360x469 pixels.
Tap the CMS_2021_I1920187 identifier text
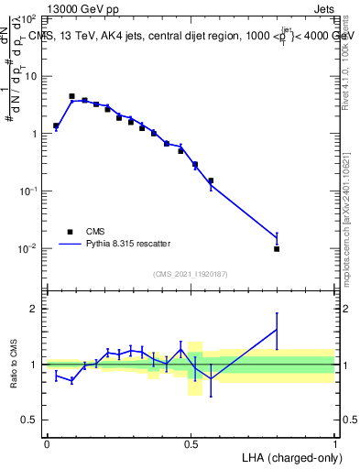tap(190, 274)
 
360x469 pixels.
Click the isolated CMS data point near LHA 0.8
tap(277, 248)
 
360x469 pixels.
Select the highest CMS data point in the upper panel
tap(71, 96)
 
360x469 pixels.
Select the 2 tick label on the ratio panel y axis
tap(35, 309)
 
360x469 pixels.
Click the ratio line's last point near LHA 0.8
tap(277, 329)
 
